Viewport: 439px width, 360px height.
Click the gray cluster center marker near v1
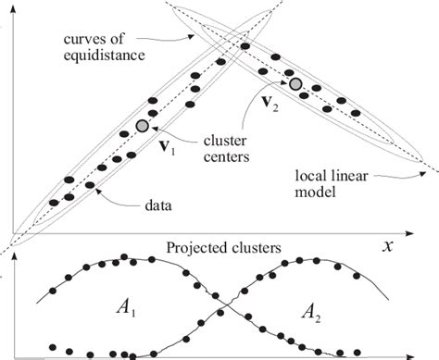click(142, 125)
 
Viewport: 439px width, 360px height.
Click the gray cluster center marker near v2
click(295, 84)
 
